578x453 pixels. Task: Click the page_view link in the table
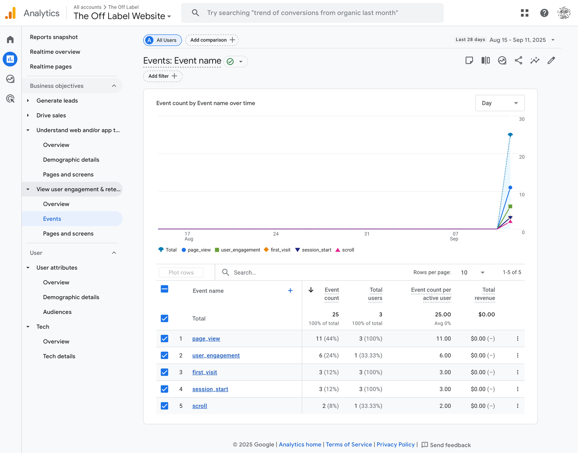pos(206,339)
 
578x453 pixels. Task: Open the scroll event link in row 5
pos(200,406)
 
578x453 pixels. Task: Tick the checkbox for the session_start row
pos(164,389)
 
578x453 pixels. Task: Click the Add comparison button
pos(212,40)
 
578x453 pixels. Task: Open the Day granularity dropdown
pos(500,103)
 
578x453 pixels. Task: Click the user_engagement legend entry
pos(238,250)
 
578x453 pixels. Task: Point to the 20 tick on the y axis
pos(522,157)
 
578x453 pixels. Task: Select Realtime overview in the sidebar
pos(55,52)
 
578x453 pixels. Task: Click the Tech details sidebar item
pos(59,356)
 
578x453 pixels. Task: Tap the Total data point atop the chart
pos(510,135)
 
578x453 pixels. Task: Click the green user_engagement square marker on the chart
pos(510,206)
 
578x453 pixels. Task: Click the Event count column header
pos(331,294)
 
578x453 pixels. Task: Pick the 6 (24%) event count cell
pos(329,355)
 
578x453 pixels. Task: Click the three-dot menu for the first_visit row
pos(518,372)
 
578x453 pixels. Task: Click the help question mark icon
pos(544,13)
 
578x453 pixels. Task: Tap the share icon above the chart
pos(518,60)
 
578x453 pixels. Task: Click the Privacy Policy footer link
pos(396,445)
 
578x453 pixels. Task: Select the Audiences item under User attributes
pos(57,312)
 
